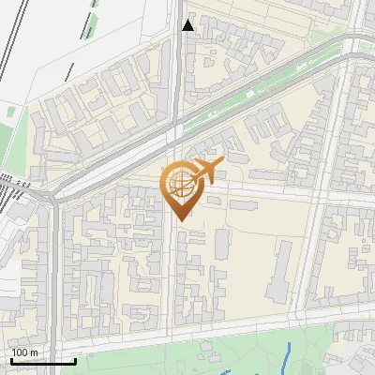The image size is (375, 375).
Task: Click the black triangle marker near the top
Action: point(188,25)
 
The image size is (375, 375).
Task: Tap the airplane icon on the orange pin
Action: point(207,171)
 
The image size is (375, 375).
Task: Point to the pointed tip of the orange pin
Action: point(181,218)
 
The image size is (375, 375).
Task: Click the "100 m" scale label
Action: point(24,352)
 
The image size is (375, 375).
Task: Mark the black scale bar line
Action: point(42,360)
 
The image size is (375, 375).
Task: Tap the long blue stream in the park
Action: point(286,356)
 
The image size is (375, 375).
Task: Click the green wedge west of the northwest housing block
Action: point(13,150)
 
